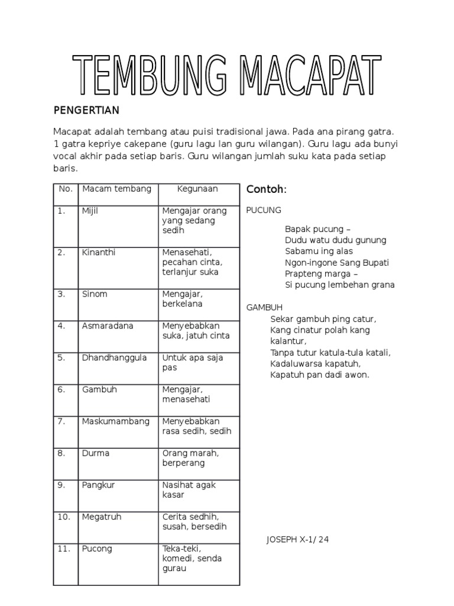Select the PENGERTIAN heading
pos(86,110)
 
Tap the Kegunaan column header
pos(198,189)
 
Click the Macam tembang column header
pos(116,189)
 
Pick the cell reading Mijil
pos(90,211)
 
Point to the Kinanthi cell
pos(98,252)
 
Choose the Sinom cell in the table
pos(95,294)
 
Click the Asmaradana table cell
pos(108,325)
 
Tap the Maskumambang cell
pos(116,421)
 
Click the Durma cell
pos(95,453)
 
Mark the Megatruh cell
pos(102,517)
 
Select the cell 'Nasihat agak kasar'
pos(189,489)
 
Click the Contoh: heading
pos(266,189)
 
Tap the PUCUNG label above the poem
pos(264,210)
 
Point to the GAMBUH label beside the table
pos(264,307)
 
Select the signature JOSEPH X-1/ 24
pos(297,540)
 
